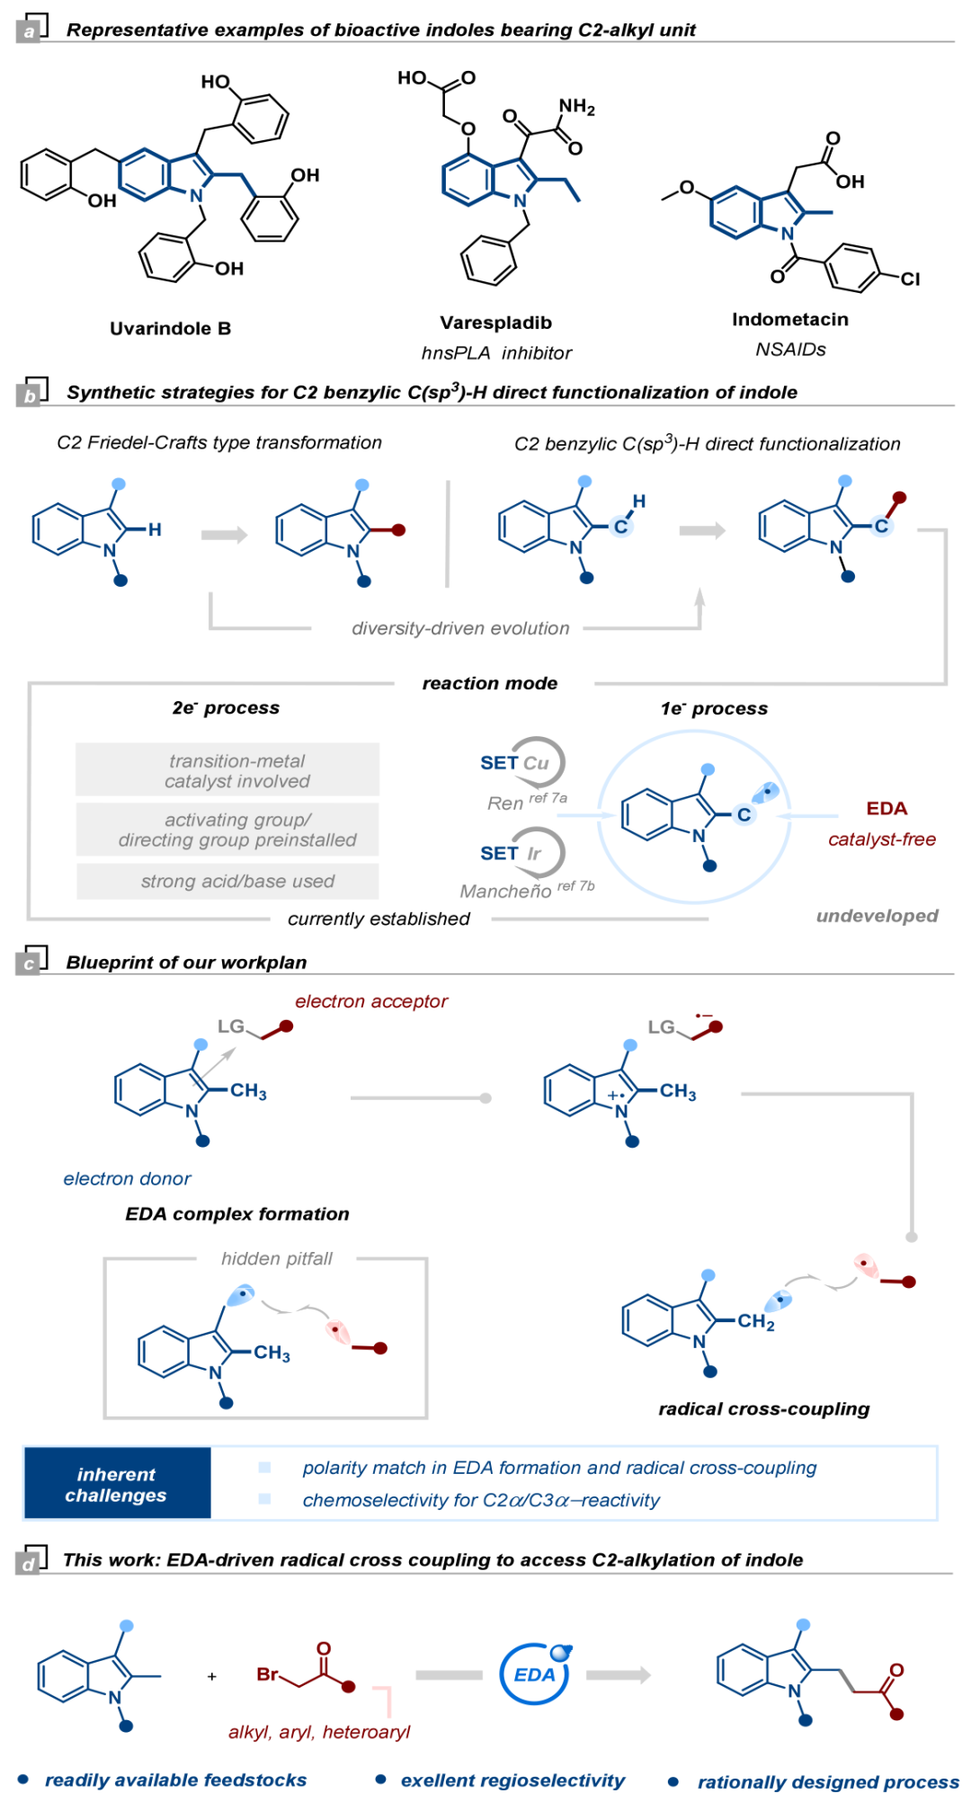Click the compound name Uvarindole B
170,329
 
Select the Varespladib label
495,323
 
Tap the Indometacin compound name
789,319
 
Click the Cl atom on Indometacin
910,279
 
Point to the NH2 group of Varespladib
576,107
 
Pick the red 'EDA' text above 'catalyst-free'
886,808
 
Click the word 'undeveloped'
877,916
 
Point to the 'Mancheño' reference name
505,891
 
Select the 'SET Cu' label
514,763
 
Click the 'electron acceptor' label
370,1001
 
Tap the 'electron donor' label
127,1178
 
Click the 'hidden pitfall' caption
277,1258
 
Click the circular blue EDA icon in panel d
535,1673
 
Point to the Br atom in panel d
267,1673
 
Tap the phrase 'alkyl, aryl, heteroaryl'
319,1732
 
